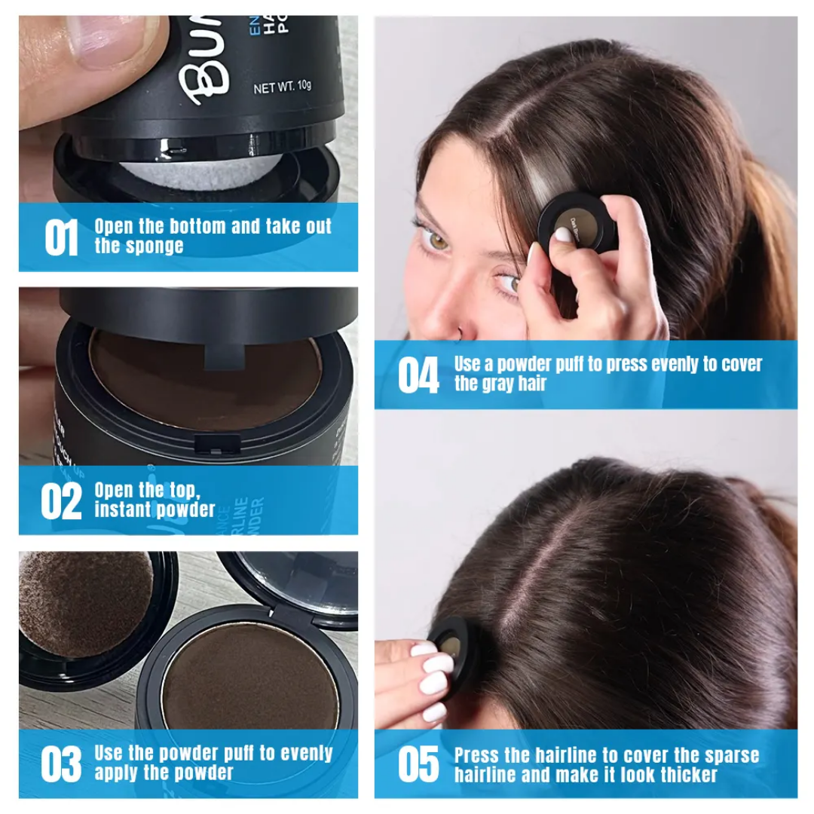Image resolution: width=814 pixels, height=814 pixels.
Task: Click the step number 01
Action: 61,237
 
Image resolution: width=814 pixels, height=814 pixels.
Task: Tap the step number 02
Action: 61,502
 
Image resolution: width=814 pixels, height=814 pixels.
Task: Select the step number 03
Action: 61,764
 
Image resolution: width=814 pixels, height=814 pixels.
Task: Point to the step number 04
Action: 418,375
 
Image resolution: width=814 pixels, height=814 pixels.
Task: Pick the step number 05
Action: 418,764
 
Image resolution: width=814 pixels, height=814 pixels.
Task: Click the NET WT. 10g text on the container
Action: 282,86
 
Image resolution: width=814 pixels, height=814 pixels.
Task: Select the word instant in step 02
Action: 123,510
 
